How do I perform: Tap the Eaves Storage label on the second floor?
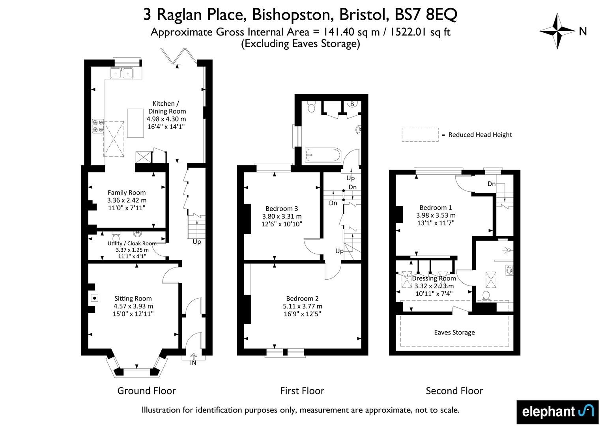[x=454, y=333]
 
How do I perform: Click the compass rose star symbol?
[x=557, y=31]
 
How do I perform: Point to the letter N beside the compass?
[x=583, y=31]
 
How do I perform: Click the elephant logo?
[x=557, y=412]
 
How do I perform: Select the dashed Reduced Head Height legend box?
[x=420, y=135]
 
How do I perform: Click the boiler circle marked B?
[x=352, y=104]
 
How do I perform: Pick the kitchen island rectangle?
[x=135, y=123]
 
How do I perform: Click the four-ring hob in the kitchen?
[x=98, y=125]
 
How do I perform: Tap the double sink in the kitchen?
[x=122, y=73]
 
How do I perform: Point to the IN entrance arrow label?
[x=193, y=359]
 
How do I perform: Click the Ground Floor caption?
[x=146, y=391]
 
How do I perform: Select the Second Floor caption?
[x=454, y=391]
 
